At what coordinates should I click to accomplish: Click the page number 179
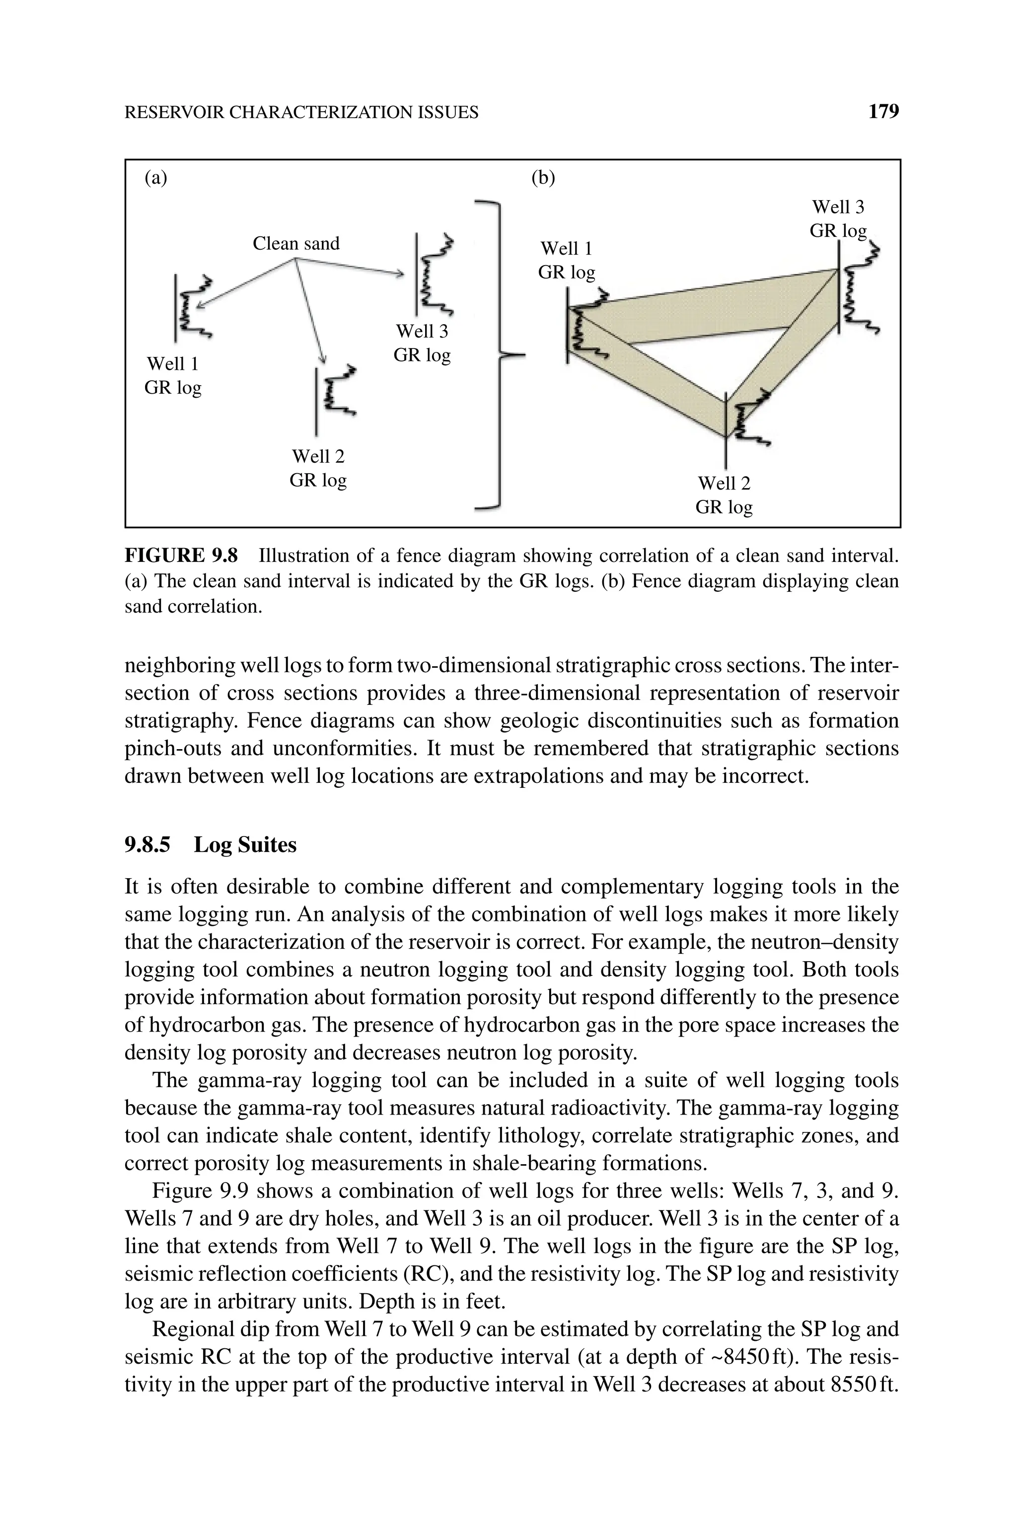[883, 112]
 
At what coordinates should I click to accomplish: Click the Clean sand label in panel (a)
[296, 244]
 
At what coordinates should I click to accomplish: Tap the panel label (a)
[155, 178]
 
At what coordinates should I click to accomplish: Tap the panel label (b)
[543, 178]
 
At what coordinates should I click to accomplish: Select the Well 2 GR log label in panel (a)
[318, 468]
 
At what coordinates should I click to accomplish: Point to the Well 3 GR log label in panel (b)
[838, 219]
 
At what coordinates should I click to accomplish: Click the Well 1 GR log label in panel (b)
[566, 260]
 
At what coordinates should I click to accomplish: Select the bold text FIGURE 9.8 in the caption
[181, 556]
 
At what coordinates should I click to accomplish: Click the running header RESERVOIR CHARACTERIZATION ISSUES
[301, 113]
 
